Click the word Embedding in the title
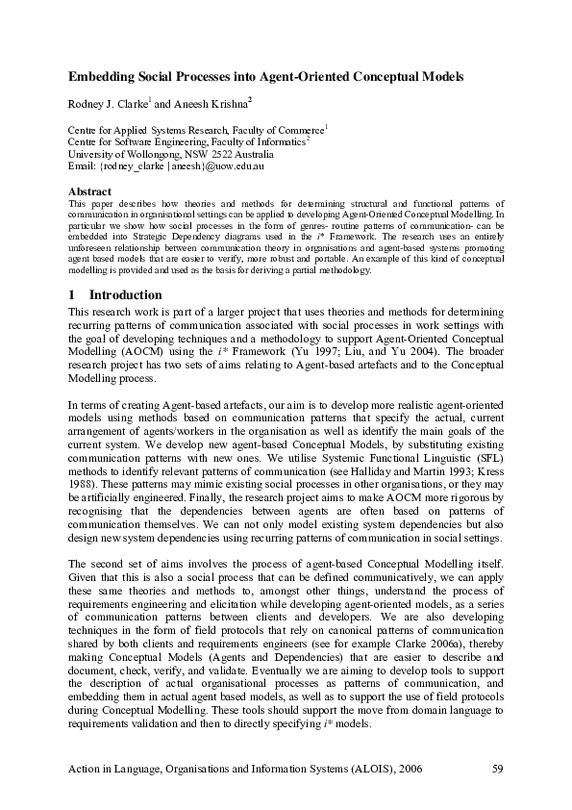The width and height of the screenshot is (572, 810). click(x=102, y=75)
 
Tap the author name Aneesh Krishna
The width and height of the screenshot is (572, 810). click(x=210, y=104)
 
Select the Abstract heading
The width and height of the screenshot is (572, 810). click(x=88, y=191)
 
